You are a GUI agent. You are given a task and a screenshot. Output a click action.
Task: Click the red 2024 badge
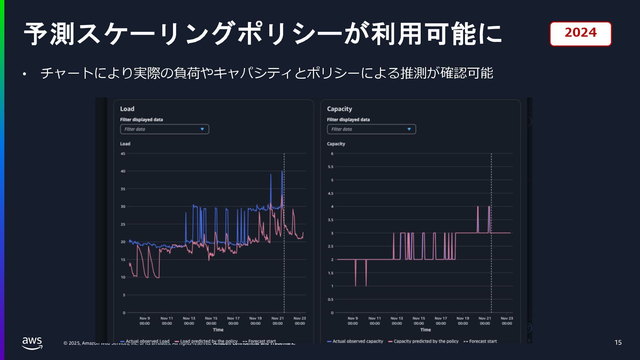(x=580, y=33)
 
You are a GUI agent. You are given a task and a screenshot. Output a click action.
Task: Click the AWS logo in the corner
(x=32, y=343)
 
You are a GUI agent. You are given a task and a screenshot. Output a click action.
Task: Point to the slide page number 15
(x=618, y=342)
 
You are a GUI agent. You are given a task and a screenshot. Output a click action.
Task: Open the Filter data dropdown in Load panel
(x=164, y=129)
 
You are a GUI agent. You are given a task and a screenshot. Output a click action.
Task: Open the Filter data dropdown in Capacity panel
(x=371, y=129)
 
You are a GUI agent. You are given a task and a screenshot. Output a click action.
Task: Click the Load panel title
(x=127, y=109)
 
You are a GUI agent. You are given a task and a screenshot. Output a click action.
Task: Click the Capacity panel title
(x=339, y=109)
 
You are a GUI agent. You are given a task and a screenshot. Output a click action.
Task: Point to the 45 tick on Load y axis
(x=123, y=154)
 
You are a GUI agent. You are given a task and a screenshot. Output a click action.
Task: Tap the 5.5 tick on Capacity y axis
(x=330, y=167)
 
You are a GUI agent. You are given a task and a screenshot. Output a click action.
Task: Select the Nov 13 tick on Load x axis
(x=189, y=321)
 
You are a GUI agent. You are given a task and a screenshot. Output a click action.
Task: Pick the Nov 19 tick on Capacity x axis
(x=463, y=321)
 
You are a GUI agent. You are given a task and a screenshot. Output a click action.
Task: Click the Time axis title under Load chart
(x=218, y=330)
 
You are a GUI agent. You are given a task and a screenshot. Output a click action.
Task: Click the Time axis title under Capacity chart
(x=425, y=330)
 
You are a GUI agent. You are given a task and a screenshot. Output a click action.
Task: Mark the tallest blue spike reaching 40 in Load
(x=282, y=172)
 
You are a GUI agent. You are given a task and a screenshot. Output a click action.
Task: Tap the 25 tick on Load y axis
(x=123, y=224)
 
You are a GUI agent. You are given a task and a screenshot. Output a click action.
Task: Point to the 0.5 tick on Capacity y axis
(x=330, y=299)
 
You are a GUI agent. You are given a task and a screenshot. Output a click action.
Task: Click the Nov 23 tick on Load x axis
(x=300, y=321)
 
